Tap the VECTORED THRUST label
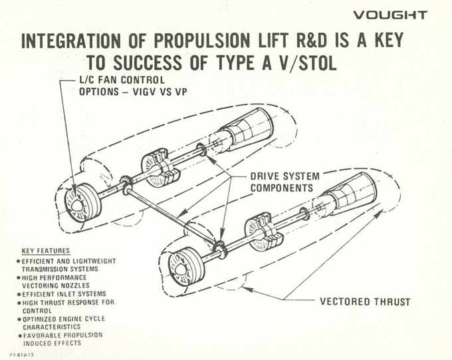pos(365,301)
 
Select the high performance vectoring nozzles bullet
pos(56,280)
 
